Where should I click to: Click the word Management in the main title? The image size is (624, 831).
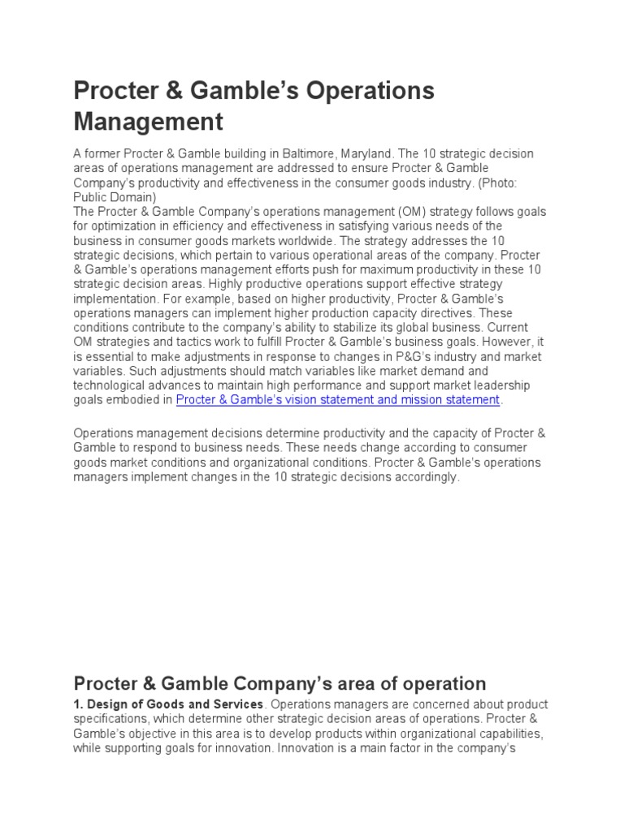[x=148, y=122]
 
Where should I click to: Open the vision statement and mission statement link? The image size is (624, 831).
[x=338, y=400]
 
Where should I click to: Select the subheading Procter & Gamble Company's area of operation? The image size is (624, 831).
[x=279, y=683]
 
